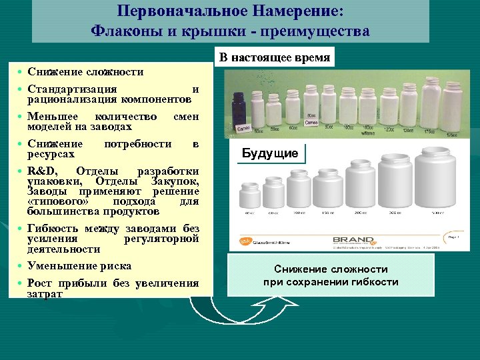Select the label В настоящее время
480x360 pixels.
click(x=275, y=58)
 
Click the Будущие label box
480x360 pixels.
click(x=270, y=153)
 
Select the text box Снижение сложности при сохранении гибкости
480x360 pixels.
click(x=331, y=275)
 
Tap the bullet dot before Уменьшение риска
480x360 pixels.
click(x=21, y=266)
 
